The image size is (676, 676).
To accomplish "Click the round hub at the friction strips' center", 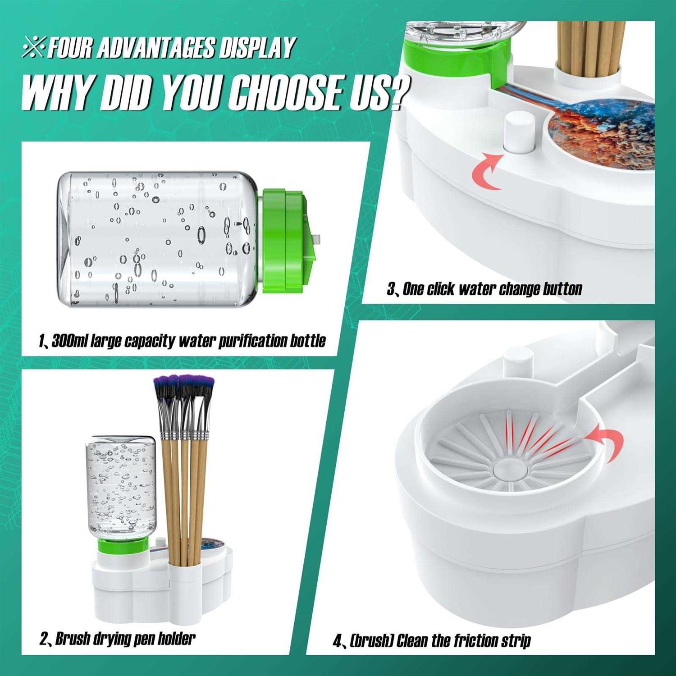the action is coord(509,469).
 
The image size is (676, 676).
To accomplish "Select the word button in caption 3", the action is coord(562,288).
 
